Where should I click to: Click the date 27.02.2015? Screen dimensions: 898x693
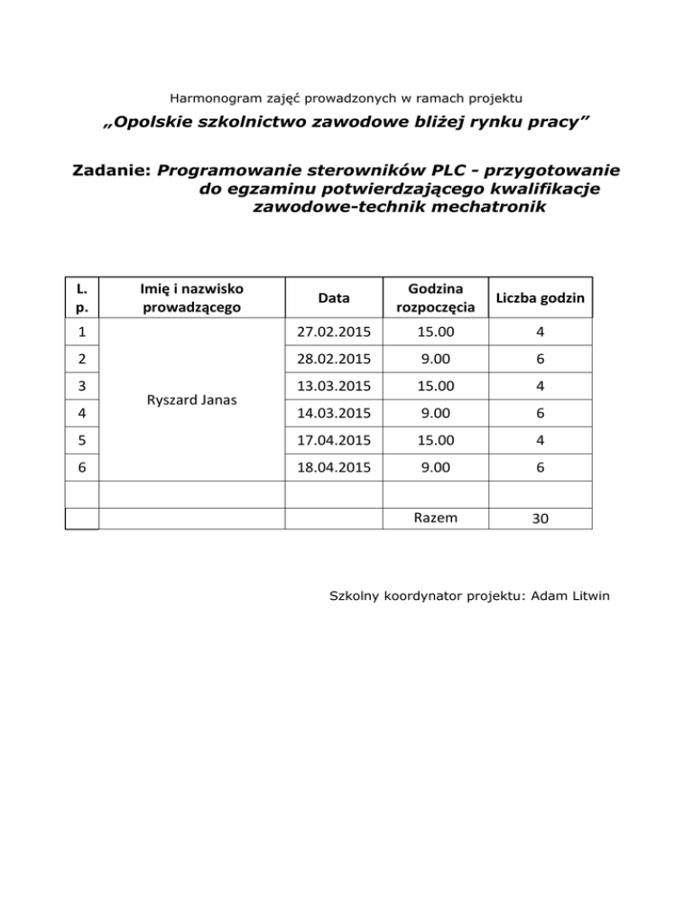point(335,334)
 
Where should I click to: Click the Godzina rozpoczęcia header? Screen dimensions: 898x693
point(436,298)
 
